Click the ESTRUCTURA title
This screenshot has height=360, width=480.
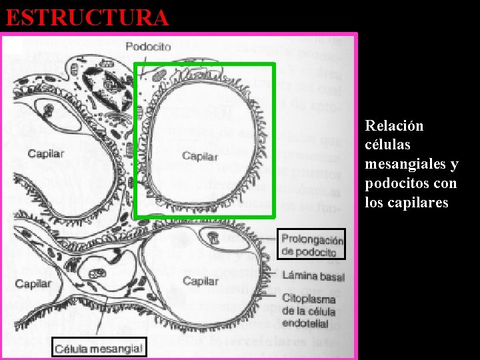[87, 17]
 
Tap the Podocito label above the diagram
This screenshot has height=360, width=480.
[148, 47]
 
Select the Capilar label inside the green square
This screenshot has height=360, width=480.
[199, 156]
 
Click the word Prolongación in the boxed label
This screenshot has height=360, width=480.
[312, 240]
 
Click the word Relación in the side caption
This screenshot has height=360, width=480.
[394, 126]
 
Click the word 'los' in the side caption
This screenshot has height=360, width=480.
[373, 202]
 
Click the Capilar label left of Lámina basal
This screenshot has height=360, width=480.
[200, 281]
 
